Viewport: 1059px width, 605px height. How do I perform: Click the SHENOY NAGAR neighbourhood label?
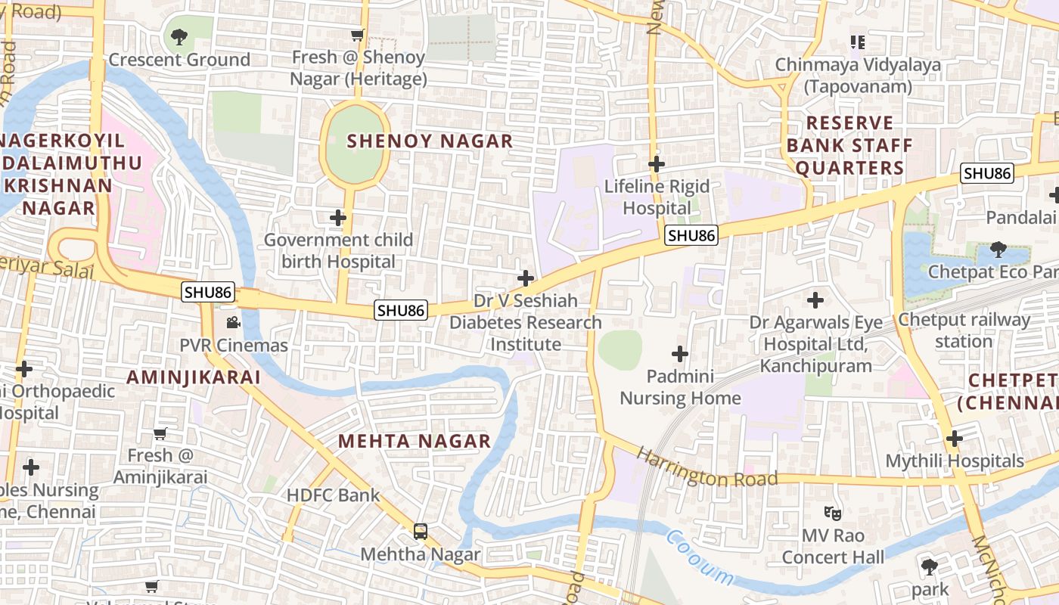tap(430, 141)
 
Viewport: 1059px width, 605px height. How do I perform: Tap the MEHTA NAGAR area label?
tap(414, 441)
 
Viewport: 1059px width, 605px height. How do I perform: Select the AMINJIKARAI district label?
tap(194, 377)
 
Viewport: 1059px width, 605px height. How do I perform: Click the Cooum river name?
tap(700, 558)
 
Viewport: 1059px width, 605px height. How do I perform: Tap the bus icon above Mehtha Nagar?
tap(421, 532)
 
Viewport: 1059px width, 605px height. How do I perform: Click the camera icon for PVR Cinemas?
tap(233, 323)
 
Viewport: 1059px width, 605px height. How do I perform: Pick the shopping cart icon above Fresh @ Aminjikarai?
tap(160, 433)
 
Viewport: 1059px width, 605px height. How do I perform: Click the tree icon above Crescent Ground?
tap(179, 36)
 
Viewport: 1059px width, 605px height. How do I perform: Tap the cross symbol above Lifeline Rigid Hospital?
tap(657, 163)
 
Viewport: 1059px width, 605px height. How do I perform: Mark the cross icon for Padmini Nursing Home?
tap(680, 353)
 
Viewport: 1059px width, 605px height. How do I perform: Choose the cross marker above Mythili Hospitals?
tap(955, 438)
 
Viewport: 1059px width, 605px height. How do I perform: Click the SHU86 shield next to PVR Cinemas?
tap(208, 292)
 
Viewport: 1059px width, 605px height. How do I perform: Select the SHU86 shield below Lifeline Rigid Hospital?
tap(691, 235)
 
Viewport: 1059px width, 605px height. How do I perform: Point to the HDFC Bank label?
tap(333, 495)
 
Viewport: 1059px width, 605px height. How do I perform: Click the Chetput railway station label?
tap(963, 330)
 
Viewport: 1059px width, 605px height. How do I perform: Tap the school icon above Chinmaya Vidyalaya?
tap(857, 42)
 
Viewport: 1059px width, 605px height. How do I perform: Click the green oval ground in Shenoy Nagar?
tap(355, 144)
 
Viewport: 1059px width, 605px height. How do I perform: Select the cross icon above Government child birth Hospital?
tap(338, 218)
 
